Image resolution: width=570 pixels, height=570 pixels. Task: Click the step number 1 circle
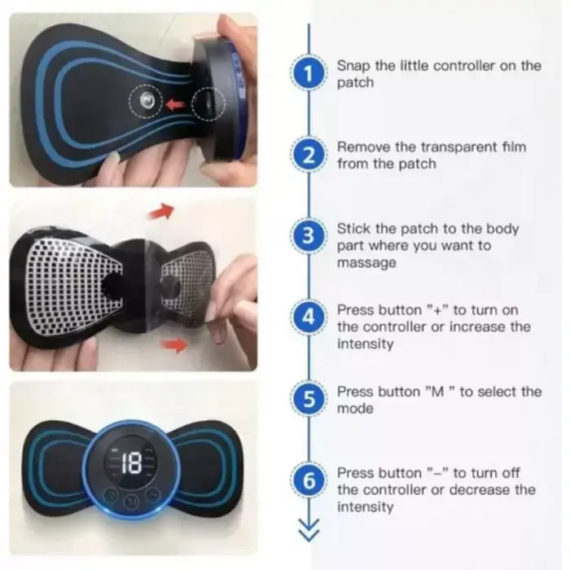[309, 74]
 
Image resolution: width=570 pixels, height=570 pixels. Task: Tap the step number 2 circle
[309, 156]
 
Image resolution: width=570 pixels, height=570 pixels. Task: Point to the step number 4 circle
[309, 318]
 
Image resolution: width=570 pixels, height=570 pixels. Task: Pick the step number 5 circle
[309, 399]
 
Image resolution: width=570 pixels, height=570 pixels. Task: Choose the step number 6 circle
[309, 480]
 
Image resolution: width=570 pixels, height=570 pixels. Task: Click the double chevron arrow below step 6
[309, 530]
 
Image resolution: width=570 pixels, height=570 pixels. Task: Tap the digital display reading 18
[130, 463]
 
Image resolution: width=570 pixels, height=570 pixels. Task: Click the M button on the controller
[130, 502]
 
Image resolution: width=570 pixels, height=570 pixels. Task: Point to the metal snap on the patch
[147, 99]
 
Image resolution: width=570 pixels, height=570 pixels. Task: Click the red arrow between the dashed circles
[175, 104]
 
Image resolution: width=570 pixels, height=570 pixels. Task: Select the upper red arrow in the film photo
[161, 211]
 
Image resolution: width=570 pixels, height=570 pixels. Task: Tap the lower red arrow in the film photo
[174, 344]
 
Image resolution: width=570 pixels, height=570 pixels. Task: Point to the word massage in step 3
[366, 262]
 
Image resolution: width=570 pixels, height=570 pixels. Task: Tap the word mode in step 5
[355, 409]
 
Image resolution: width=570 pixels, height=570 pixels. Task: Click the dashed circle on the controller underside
[208, 104]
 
